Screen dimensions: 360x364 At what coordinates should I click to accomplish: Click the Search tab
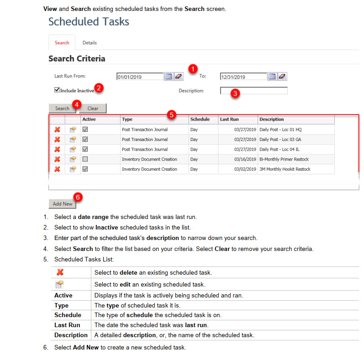click(x=62, y=43)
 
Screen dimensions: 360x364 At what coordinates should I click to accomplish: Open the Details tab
click(x=90, y=43)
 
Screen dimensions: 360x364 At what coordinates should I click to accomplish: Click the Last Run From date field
click(x=140, y=77)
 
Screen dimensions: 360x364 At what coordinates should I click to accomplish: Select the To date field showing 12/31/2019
click(x=243, y=77)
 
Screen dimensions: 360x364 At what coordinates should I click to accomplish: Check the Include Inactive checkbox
click(x=57, y=90)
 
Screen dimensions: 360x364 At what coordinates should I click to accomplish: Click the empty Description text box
click(x=253, y=90)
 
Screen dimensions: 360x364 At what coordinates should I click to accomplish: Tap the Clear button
click(x=93, y=109)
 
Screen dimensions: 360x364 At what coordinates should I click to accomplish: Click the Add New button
click(x=63, y=204)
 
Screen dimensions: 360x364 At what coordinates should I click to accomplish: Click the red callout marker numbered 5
click(x=171, y=115)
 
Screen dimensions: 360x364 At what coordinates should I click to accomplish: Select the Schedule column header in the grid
click(x=200, y=120)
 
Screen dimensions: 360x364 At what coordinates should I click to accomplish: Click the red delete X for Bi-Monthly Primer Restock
click(x=57, y=159)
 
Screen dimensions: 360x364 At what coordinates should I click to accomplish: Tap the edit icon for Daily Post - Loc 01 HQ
click(x=73, y=130)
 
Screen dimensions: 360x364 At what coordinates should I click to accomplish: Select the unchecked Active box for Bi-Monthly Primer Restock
click(x=85, y=159)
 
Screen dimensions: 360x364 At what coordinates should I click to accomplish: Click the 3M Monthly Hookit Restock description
click(x=285, y=169)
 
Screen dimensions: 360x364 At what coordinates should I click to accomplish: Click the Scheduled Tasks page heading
click(x=89, y=21)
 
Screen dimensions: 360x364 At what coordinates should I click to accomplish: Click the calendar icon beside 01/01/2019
click(x=169, y=77)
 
